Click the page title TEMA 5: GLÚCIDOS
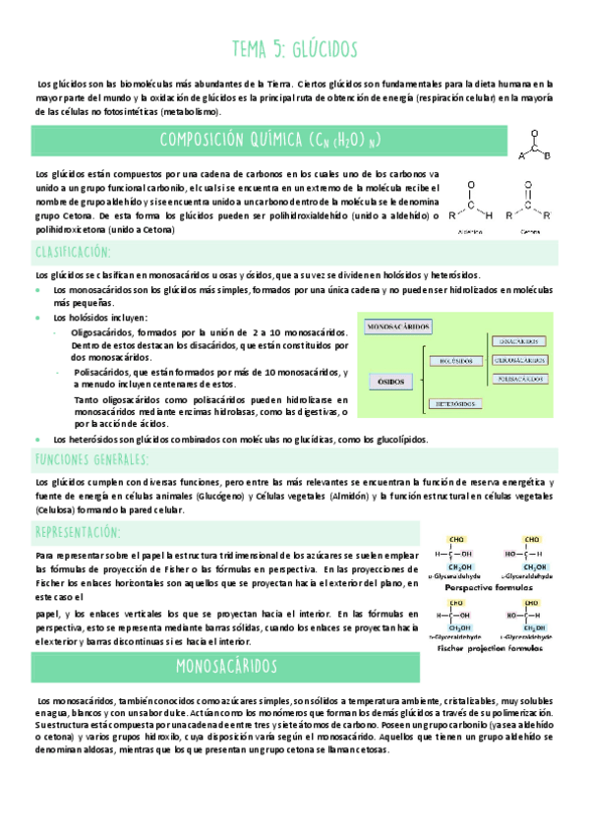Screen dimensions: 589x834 point(294,49)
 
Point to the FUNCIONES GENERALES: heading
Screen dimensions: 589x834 point(91,459)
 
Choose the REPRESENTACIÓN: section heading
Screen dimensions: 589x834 point(83,532)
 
